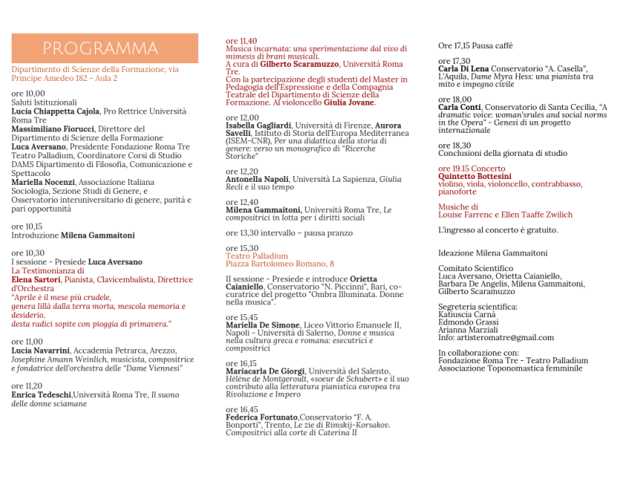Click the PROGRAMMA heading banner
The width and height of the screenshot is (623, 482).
pos(105,49)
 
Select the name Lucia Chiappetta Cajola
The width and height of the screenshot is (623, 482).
pos(56,111)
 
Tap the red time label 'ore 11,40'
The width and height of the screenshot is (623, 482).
pos(242,41)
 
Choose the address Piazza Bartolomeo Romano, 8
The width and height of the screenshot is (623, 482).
pos(280,264)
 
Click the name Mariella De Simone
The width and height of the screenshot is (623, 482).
pos(263,325)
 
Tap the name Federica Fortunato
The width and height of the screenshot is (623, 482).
pos(262,417)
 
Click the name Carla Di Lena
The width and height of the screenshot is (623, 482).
pos(464,69)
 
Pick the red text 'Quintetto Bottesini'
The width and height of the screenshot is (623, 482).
pos(475,177)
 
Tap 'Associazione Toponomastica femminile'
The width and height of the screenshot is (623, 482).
pos(510,368)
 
